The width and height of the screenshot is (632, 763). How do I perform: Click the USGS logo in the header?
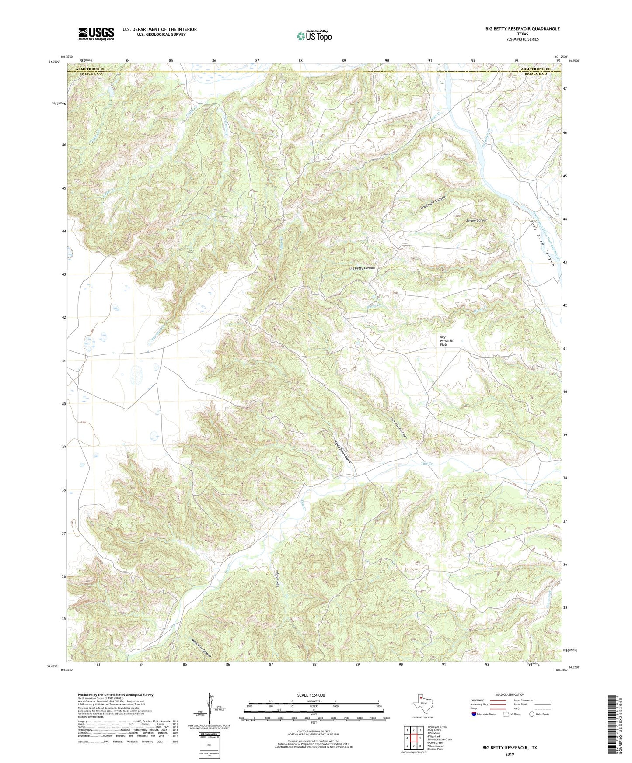(96, 33)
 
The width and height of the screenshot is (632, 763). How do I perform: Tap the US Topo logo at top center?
(314, 36)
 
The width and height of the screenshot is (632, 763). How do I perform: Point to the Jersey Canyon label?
(476, 220)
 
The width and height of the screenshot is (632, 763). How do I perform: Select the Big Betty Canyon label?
(362, 268)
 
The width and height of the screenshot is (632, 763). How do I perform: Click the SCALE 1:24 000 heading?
(314, 695)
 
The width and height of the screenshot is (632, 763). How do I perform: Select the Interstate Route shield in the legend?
(474, 714)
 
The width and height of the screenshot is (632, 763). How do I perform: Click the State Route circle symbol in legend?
(532, 714)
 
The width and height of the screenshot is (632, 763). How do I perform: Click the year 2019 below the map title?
(510, 754)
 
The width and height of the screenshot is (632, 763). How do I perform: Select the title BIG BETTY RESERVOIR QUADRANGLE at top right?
(522, 29)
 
